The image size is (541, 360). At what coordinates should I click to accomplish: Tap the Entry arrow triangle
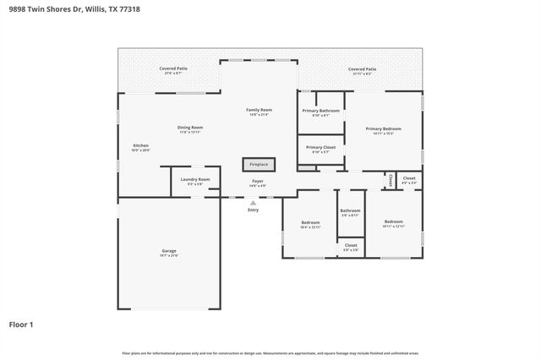tap(253, 202)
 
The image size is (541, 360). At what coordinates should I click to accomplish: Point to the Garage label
tap(169, 251)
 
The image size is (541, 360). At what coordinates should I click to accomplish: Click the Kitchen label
tap(141, 145)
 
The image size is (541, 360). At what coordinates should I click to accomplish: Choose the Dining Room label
tap(190, 128)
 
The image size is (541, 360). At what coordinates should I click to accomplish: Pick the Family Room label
tap(259, 110)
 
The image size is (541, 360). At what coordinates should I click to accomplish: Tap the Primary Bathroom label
tap(321, 111)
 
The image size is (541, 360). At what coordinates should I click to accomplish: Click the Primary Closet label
tap(321, 147)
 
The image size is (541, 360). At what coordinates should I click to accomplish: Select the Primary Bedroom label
tap(383, 128)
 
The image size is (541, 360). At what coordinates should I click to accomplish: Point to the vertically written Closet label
tap(391, 180)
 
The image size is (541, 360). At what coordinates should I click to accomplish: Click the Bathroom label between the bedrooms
tap(350, 210)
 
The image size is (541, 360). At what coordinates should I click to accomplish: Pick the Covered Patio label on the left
tap(173, 69)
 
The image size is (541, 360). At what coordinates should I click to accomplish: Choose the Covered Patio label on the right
tap(362, 69)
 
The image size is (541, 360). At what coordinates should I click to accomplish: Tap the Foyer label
tap(259, 182)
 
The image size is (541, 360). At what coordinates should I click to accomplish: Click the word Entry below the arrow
tap(253, 210)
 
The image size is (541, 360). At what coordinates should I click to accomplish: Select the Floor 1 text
tap(21, 324)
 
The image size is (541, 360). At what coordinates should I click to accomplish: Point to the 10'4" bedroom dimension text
tap(310, 227)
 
